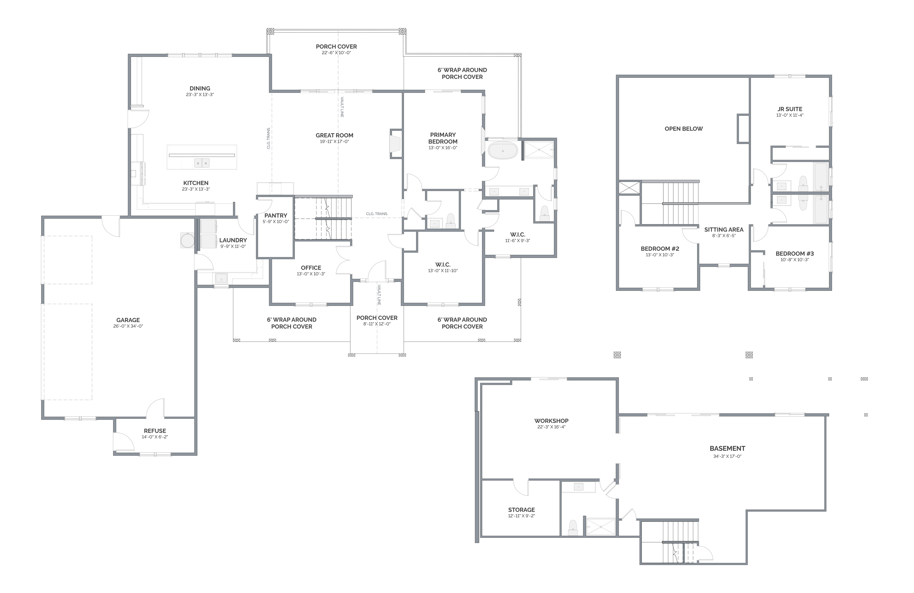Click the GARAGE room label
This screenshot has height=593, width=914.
point(128,320)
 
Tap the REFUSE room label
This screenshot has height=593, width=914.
point(155,431)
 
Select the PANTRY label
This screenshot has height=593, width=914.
point(276,215)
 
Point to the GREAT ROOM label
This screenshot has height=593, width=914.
point(335,135)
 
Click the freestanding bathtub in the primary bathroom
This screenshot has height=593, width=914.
point(503,150)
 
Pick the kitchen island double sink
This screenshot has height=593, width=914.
point(202,163)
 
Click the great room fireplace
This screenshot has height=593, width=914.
point(395,144)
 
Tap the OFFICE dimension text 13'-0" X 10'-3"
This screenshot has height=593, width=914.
point(311,274)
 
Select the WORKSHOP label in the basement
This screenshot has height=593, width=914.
point(551,421)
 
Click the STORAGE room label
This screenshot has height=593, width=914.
point(522,510)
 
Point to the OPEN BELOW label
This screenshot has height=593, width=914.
point(684,129)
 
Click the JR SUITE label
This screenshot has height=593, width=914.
point(790,109)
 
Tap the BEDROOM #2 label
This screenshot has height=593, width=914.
point(660,248)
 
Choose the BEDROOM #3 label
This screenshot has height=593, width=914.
point(795,254)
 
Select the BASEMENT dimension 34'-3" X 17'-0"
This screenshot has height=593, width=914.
point(727,456)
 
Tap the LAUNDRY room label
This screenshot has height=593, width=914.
point(233,240)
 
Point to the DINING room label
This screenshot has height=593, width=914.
point(200,88)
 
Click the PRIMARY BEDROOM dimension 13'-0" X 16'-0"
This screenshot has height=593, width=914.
point(443,147)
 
